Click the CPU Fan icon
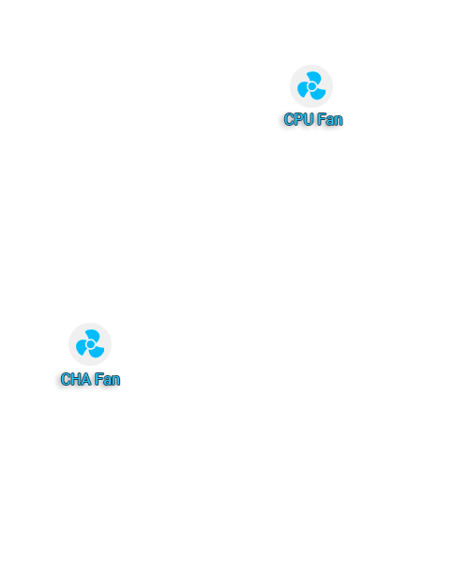pos(311,86)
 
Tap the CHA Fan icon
pos(90,344)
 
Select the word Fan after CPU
pos(330,119)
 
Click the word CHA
pos(76,379)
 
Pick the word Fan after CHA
pos(107,379)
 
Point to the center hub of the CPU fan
pos(311,86)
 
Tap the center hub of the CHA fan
pos(90,344)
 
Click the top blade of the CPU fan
pos(314,77)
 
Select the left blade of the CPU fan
pos(303,89)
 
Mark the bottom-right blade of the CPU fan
pos(318,94)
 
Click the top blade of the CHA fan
pos(94,335)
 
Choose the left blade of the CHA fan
pos(82,347)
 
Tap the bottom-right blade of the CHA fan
pos(97,352)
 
